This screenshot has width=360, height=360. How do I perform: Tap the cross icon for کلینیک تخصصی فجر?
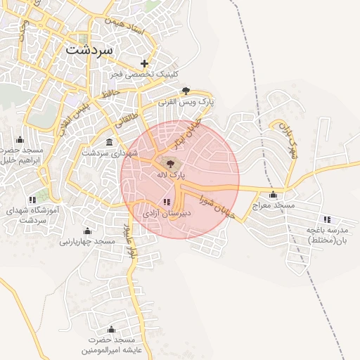point(145,63)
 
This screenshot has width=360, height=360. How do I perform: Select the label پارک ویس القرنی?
point(186,102)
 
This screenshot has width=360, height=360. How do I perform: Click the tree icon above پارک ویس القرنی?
point(186,90)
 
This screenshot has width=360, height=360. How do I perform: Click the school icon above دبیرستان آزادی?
point(166,202)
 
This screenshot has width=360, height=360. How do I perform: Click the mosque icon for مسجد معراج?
point(273,194)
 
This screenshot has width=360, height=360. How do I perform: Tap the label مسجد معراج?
point(273,205)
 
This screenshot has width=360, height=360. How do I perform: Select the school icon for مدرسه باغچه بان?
point(328,219)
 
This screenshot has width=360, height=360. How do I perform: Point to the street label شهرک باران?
point(288,139)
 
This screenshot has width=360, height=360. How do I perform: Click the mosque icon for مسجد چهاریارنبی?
point(87,231)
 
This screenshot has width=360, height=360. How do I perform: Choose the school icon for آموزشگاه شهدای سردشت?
point(32,200)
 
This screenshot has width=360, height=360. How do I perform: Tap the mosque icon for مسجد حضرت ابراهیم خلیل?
point(20,139)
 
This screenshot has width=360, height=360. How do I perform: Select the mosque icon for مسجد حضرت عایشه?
point(111,329)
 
